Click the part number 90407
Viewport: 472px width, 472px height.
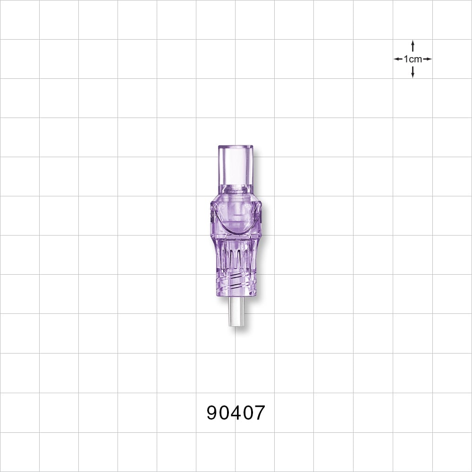[x=236, y=413]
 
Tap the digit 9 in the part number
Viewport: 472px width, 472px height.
[x=213, y=413]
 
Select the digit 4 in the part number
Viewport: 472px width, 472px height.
[x=236, y=413]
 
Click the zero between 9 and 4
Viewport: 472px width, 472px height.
[x=224, y=413]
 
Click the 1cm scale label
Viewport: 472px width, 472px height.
[x=413, y=59]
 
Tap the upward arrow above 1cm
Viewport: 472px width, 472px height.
[x=413, y=44]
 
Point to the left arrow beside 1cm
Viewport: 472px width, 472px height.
[x=397, y=59]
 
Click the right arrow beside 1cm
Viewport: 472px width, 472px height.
[x=428, y=59]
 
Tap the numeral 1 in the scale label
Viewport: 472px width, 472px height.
[x=406, y=59]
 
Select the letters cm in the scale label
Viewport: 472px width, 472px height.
[x=416, y=59]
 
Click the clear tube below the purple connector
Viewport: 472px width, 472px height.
[x=236, y=312]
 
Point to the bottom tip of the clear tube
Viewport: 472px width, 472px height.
[x=236, y=325]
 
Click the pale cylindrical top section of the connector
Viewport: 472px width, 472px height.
[x=236, y=165]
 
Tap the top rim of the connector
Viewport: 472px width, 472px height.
[x=236, y=146]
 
